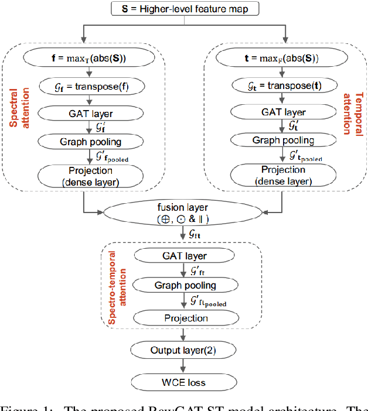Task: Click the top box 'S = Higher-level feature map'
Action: click(x=184, y=9)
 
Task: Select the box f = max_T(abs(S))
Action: click(x=90, y=58)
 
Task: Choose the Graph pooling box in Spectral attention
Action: click(x=90, y=141)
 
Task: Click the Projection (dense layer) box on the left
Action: click(x=90, y=176)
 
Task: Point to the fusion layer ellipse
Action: click(x=185, y=214)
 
